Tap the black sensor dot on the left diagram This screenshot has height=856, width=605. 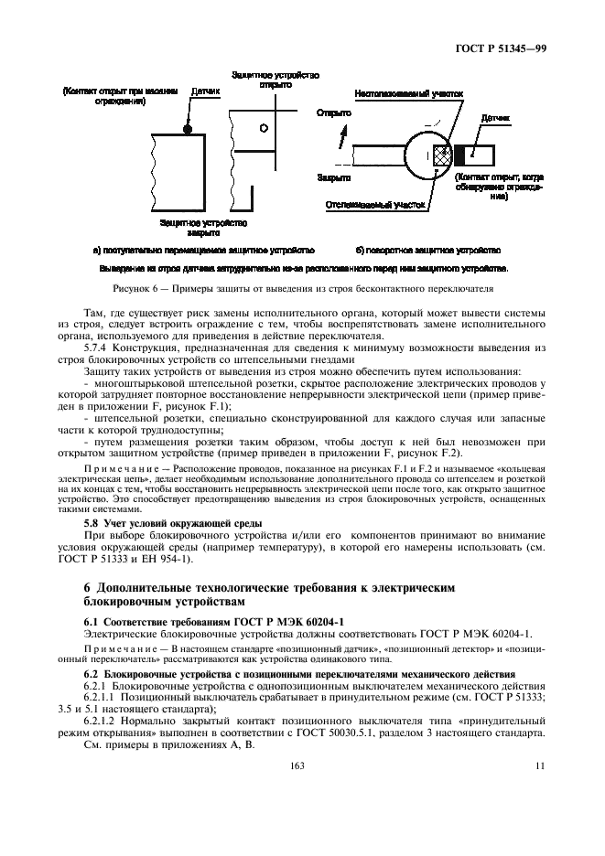point(187,130)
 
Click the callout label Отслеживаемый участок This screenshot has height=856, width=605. point(373,206)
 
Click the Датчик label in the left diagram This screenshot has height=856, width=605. point(206,92)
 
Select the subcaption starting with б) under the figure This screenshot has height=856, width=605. point(427,249)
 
